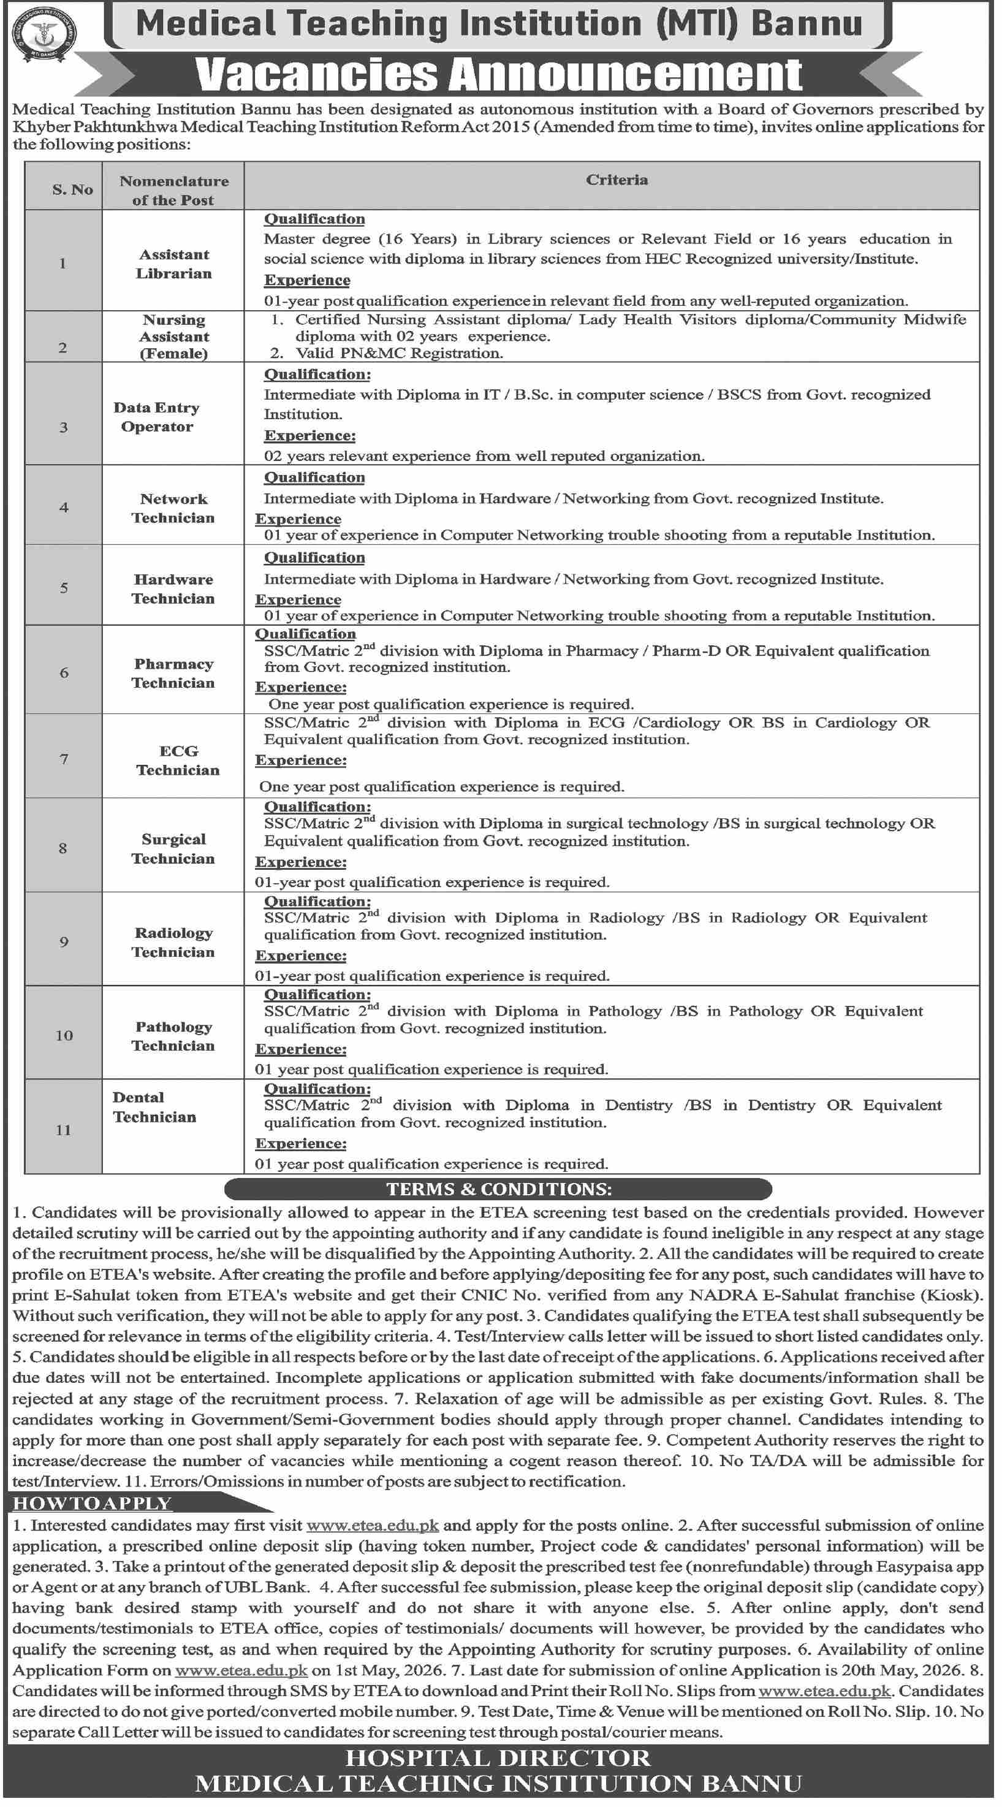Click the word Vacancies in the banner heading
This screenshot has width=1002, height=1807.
point(315,74)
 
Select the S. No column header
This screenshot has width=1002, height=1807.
point(72,189)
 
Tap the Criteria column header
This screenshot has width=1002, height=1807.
point(617,180)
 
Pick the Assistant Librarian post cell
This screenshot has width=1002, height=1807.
point(173,264)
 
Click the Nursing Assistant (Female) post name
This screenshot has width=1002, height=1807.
point(173,337)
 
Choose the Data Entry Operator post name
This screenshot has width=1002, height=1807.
point(156,417)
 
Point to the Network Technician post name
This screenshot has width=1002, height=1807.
point(173,508)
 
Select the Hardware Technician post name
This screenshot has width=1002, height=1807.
point(173,588)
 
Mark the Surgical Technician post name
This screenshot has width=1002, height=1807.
point(173,849)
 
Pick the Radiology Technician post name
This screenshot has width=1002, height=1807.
point(173,942)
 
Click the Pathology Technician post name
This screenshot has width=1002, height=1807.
point(173,1036)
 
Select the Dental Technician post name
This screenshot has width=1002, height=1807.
point(154,1107)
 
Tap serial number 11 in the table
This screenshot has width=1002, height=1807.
point(63,1130)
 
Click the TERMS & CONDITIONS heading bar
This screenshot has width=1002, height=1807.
point(498,1189)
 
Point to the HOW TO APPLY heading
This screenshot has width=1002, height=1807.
point(92,1503)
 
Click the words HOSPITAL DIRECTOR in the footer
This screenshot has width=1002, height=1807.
point(498,1758)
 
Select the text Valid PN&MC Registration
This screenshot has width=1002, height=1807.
point(399,353)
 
